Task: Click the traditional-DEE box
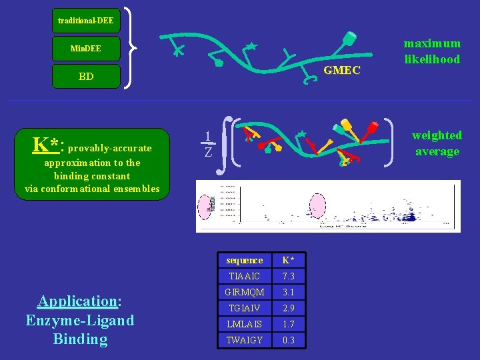pos(85,21)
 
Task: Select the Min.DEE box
pos(85,49)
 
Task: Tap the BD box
pos(85,77)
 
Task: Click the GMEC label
pos(342,70)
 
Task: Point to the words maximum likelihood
pos(431,51)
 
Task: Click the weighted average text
pos(437,143)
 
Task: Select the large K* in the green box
pos(47,144)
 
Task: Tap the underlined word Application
pos(77,301)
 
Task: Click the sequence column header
pos(245,260)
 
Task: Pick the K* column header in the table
pos(288,260)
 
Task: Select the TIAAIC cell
pos(245,276)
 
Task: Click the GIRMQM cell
pos(245,292)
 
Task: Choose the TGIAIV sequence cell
pos(245,308)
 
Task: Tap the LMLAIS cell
pos(245,324)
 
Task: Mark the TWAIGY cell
pos(245,340)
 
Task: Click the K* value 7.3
pos(288,276)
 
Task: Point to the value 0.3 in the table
pos(288,340)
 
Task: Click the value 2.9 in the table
pos(288,308)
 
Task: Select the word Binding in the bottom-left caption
pos(80,339)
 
